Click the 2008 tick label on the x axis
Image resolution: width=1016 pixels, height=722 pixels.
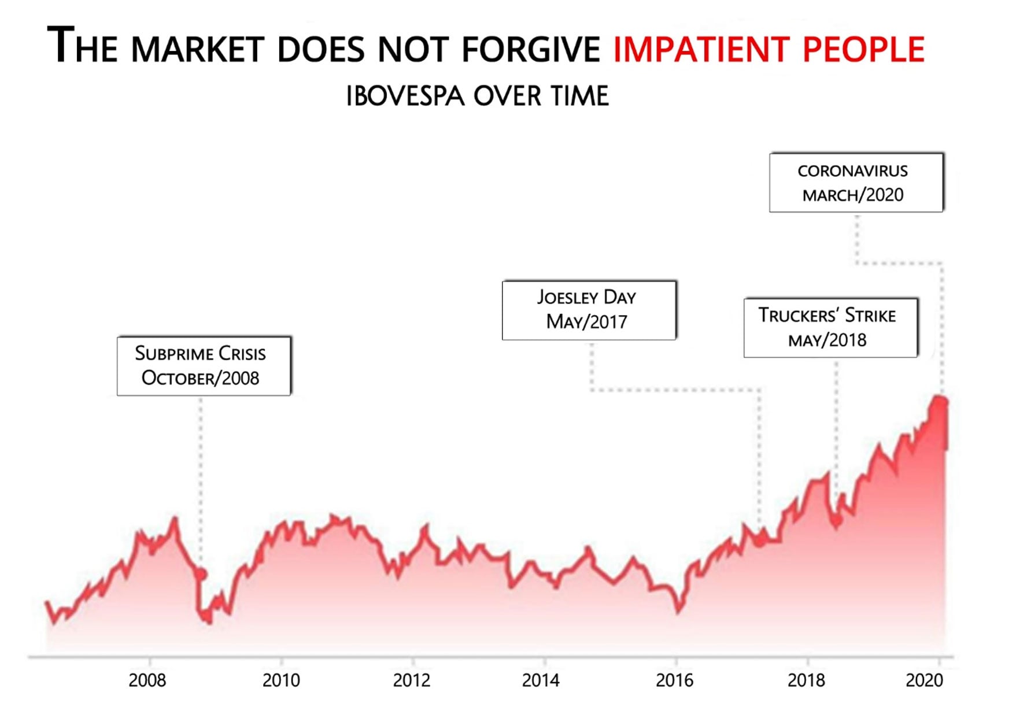(147, 680)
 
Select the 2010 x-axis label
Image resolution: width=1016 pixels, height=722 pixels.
(281, 680)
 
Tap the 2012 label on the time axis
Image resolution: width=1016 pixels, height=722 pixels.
(412, 680)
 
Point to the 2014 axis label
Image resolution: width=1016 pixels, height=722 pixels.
(541, 680)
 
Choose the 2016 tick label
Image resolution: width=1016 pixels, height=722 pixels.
(674, 680)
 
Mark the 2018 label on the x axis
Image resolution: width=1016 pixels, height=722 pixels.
(806, 680)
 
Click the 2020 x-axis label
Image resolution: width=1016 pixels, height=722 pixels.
(924, 680)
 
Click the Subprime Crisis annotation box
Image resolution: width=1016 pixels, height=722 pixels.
(204, 366)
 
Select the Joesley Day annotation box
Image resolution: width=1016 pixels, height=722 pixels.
(589, 310)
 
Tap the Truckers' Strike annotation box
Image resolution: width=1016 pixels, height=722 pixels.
(830, 328)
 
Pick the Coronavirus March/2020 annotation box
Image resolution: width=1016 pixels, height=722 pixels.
(856, 183)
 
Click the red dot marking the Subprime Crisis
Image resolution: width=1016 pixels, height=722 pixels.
(201, 574)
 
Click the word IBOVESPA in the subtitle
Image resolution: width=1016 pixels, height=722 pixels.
(405, 96)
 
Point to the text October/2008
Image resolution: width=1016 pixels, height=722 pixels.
(200, 378)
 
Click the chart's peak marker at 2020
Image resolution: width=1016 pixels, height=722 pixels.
(940, 402)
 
